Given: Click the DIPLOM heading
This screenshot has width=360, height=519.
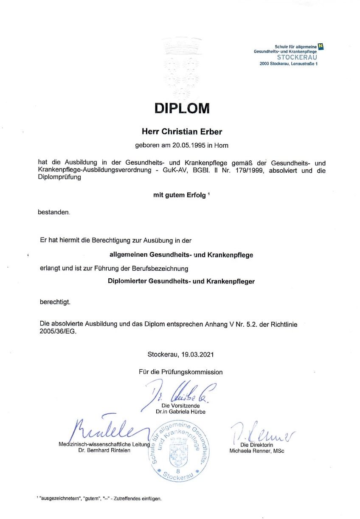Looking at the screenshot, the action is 182,108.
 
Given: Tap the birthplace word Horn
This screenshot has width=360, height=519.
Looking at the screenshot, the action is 221,145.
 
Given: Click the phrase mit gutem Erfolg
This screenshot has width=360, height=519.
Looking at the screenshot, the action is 179,195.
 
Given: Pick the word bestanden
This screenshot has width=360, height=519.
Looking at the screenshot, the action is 53,212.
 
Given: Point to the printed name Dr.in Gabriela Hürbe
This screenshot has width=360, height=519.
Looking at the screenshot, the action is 181,412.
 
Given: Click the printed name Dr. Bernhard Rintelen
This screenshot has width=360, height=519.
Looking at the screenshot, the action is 101,450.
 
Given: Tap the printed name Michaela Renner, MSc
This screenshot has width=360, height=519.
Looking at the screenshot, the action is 257,451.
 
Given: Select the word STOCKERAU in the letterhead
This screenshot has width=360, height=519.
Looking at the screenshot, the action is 297,57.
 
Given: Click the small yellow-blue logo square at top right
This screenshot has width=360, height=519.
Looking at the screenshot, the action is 321,46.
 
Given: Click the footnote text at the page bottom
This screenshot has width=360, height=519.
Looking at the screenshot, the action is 99,499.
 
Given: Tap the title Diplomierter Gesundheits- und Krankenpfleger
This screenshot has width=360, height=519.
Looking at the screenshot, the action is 181,281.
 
